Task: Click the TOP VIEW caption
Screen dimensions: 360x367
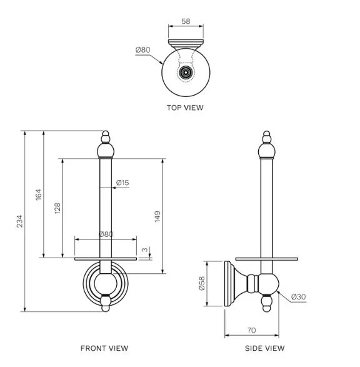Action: [185, 108]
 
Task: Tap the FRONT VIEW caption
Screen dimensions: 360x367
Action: [104, 348]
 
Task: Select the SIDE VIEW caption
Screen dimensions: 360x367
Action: [265, 348]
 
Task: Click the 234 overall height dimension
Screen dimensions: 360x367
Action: [19, 221]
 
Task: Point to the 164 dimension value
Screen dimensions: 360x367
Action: [38, 194]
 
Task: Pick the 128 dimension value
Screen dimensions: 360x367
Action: [57, 208]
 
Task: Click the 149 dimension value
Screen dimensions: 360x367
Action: [157, 216]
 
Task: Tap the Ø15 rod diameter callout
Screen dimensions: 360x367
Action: [122, 183]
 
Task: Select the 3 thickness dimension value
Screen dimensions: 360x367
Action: [145, 249]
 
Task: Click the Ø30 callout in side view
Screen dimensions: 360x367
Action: [299, 297]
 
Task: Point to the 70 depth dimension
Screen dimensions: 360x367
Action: [251, 330]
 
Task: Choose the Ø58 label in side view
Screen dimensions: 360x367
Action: [202, 283]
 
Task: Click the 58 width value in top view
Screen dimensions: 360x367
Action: [186, 21]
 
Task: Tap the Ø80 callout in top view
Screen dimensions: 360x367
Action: [142, 50]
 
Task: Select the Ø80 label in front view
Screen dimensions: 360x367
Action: [106, 234]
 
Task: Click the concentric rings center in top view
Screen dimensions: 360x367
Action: [186, 73]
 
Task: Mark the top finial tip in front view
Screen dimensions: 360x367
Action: [106, 131]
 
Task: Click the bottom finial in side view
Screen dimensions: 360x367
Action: [267, 303]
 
